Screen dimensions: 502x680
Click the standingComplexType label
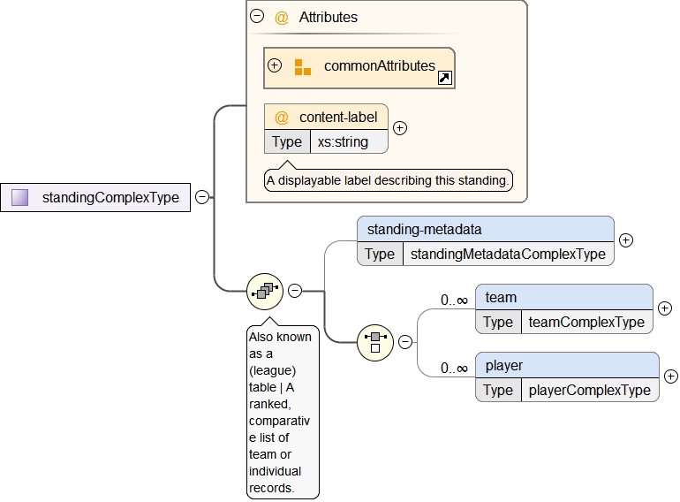point(110,197)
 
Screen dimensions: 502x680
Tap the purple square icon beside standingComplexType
point(20,197)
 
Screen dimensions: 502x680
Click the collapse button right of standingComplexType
point(202,197)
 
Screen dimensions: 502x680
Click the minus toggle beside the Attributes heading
point(257,16)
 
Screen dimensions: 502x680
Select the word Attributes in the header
point(328,17)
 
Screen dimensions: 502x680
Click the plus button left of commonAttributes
point(275,65)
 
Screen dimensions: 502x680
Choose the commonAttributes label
point(379,65)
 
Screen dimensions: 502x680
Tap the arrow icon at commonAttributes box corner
point(445,79)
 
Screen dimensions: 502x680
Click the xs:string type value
point(343,141)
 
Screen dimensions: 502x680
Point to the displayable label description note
point(389,180)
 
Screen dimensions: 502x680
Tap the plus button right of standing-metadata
point(626,240)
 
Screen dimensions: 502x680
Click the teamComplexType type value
point(586,322)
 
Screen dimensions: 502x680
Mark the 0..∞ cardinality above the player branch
point(455,368)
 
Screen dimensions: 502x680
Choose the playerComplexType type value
point(589,390)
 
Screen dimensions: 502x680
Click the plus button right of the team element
point(665,308)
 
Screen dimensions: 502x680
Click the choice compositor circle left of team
point(374,341)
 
